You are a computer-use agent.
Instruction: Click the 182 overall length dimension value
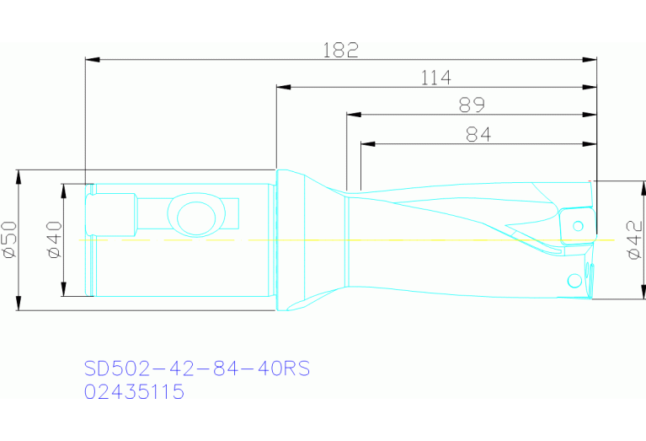coord(341,50)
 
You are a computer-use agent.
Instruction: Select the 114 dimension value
coord(436,78)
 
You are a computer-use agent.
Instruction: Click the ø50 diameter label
coord(9,240)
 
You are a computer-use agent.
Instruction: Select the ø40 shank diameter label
coord(55,240)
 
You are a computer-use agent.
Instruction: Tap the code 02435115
coord(135,392)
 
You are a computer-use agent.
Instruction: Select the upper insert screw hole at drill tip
coord(578,225)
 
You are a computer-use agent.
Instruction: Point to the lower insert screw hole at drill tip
coord(574,279)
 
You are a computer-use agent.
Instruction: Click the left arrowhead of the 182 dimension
coord(92,60)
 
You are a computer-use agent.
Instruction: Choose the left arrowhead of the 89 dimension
coord(353,115)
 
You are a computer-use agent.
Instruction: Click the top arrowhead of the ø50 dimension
coord(19,175)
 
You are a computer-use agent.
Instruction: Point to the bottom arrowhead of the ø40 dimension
coord(63,291)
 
